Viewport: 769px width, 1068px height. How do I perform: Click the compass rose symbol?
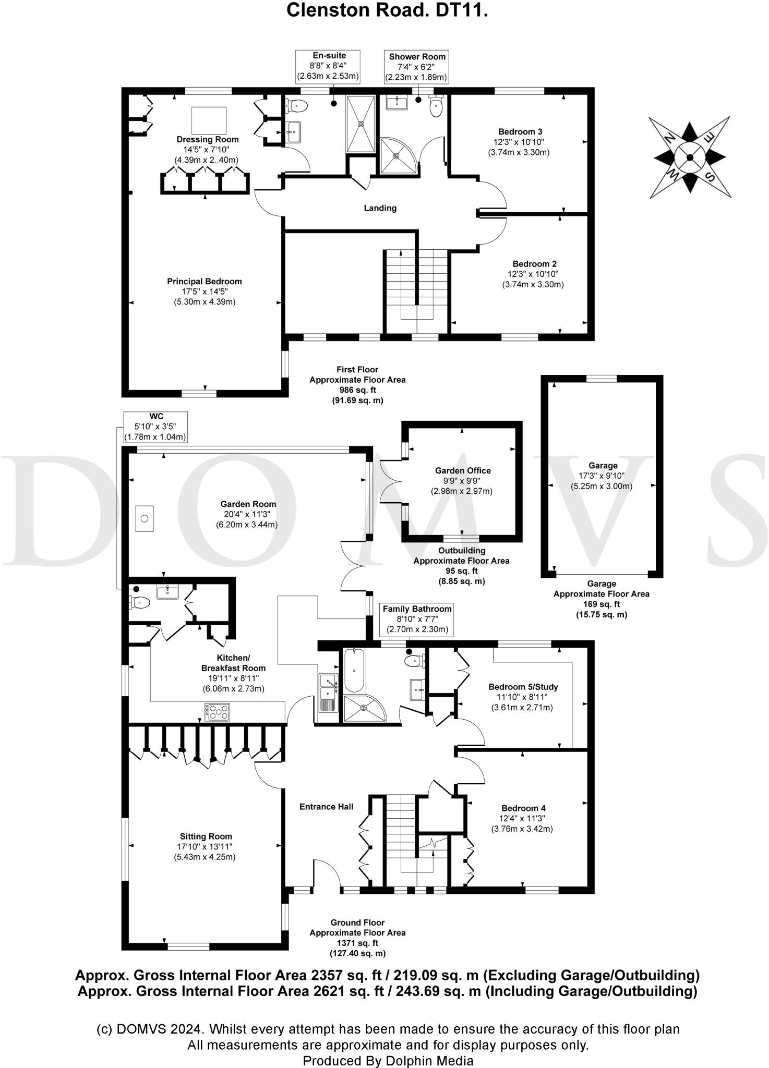click(690, 157)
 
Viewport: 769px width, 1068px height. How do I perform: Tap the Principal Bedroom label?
click(205, 282)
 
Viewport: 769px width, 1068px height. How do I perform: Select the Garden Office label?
click(463, 470)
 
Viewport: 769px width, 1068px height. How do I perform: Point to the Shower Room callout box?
click(417, 67)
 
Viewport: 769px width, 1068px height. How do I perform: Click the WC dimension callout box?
click(155, 427)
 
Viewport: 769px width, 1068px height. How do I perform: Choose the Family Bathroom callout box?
click(416, 619)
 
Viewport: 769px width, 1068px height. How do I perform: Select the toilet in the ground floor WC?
click(140, 603)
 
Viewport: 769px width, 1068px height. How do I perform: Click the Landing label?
click(380, 208)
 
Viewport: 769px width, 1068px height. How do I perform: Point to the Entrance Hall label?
click(326, 807)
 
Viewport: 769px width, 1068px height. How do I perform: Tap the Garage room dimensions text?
click(603, 481)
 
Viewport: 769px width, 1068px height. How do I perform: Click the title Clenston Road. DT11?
click(387, 11)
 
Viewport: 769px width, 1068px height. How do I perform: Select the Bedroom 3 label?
click(516, 132)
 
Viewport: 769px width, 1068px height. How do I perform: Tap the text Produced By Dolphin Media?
click(388, 1061)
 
